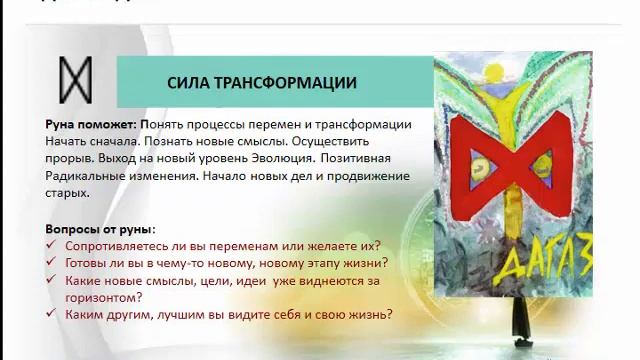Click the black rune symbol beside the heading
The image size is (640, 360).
77,81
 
